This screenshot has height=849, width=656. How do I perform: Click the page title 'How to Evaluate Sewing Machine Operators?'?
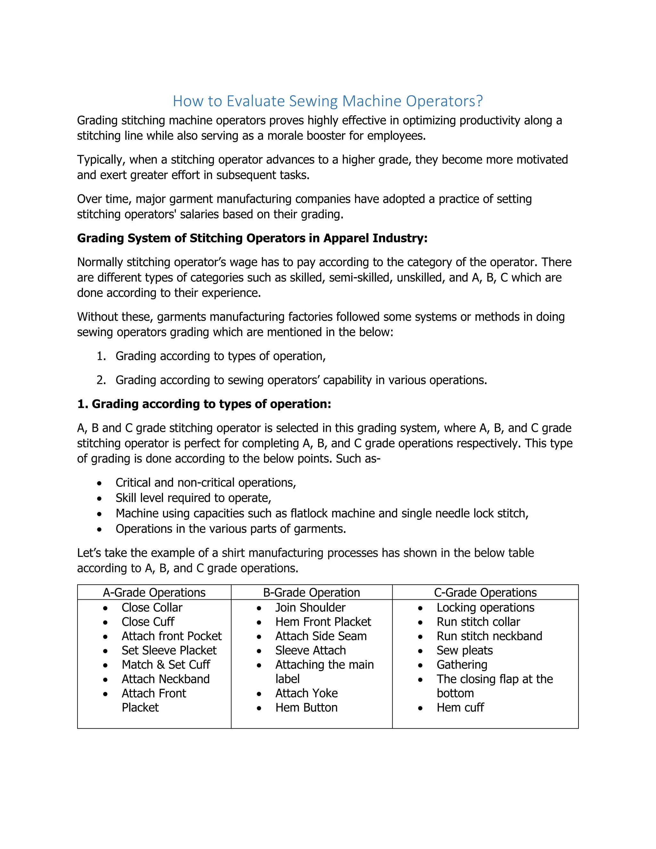point(328,101)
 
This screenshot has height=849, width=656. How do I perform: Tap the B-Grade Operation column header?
point(311,592)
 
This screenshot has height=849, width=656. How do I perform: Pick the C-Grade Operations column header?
point(485,592)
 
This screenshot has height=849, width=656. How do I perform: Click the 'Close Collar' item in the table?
point(152,607)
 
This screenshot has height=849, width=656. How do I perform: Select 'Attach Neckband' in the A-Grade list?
point(166,679)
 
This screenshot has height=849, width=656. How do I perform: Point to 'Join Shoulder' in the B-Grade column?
point(310,607)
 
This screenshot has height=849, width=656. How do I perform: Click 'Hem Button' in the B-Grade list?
point(306,707)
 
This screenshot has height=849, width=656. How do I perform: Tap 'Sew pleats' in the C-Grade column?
point(464,650)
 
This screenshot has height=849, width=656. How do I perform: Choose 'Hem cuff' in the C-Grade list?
point(460,707)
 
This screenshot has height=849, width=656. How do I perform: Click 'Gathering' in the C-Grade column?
point(462,665)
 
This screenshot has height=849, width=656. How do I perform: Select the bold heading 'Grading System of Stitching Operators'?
point(252,238)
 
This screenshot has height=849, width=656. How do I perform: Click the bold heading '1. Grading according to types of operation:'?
point(204,404)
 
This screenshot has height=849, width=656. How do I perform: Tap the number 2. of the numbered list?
point(101,380)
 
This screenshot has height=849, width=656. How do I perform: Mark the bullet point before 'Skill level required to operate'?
point(100,499)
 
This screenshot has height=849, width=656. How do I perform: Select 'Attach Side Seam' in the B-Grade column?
point(321,636)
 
